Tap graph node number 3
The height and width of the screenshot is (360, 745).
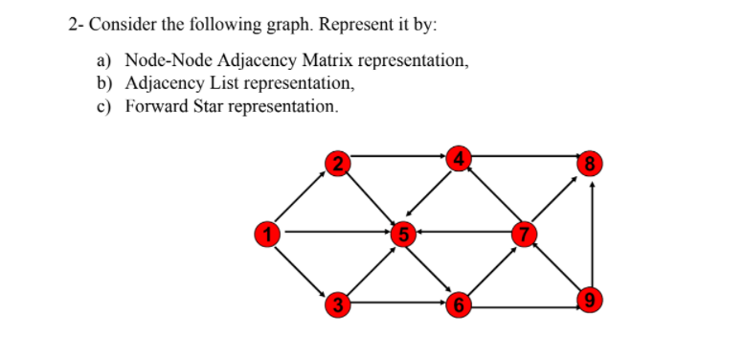[335, 305]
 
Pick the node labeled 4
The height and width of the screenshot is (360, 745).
[462, 158]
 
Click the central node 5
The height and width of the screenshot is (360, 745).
[404, 233]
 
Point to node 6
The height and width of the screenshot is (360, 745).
[462, 305]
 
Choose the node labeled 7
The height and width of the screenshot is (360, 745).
[523, 233]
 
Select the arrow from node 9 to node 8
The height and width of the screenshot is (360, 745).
[593, 235]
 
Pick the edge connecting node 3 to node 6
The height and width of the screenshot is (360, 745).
[397, 303]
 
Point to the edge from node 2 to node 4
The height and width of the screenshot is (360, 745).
[397, 154]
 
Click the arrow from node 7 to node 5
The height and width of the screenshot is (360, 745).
[464, 232]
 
